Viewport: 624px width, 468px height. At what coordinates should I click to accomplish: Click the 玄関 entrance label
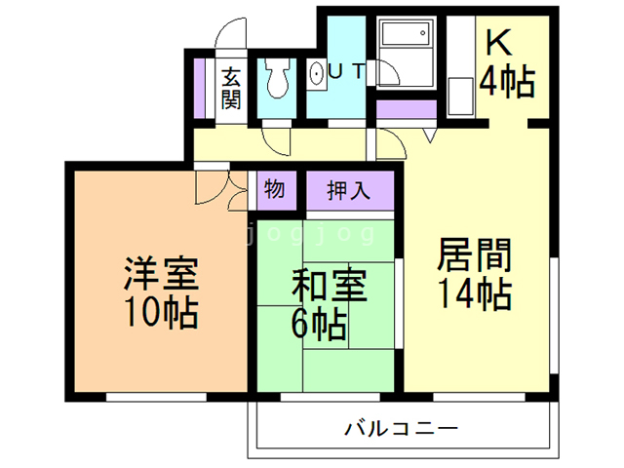(x=231, y=88)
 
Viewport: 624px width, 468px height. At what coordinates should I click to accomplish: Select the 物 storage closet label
(x=275, y=189)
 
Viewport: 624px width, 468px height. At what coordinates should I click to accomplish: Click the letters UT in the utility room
(x=347, y=71)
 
